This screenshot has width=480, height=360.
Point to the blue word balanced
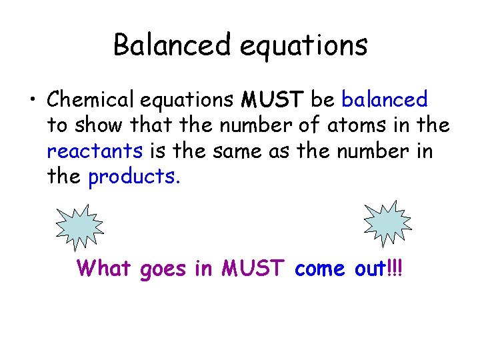385,100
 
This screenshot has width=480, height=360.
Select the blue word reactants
95,151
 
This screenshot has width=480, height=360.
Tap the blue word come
319,269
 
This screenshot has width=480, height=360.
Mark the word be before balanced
323,100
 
